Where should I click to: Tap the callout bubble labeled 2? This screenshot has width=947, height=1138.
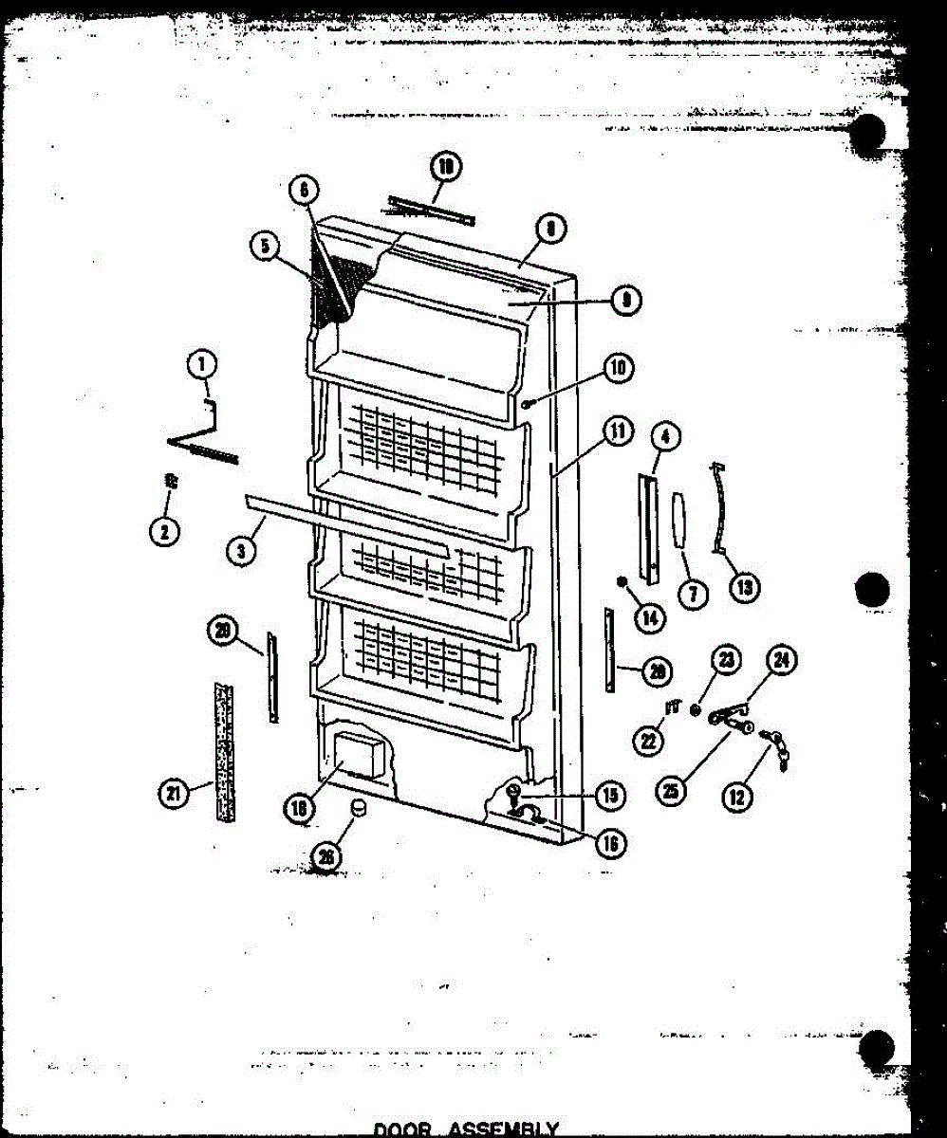tap(164, 531)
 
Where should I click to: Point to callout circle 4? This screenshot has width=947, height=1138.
tap(665, 438)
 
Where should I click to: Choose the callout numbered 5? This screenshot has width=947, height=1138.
tap(266, 247)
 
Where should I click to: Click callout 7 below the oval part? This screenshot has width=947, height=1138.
tap(692, 595)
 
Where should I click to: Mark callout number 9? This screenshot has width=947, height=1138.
tap(625, 301)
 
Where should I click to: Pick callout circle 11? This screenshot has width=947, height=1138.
tap(618, 432)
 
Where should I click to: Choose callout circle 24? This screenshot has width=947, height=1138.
tap(782, 662)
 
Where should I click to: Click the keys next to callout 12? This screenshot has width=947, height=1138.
tap(776, 744)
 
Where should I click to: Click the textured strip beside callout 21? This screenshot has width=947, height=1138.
tap(223, 749)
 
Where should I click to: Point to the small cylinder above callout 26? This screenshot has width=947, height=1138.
tap(360, 807)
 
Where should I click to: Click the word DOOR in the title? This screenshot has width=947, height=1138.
tap(403, 1129)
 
